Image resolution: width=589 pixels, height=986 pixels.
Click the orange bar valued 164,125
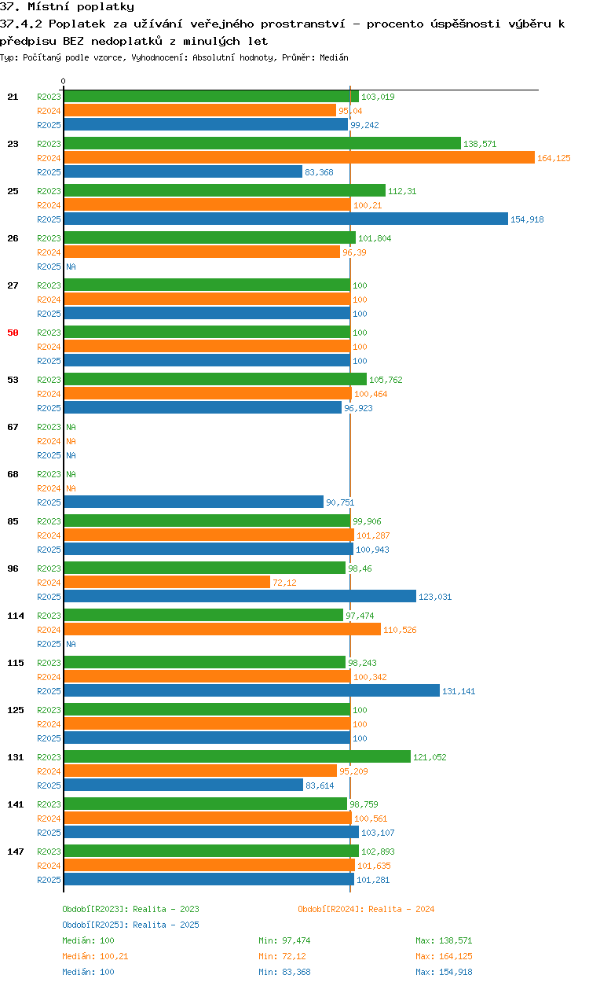pos(299,157)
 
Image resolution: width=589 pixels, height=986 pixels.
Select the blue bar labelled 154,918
pos(286,219)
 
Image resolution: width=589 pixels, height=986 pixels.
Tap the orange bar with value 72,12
pos(167,582)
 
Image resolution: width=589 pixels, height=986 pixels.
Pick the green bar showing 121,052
pos(237,756)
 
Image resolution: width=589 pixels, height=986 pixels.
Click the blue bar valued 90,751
pos(194,502)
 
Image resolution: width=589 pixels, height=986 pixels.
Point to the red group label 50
pos(13,333)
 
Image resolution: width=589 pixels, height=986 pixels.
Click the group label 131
pos(16,757)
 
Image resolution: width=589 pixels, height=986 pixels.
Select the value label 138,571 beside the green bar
pos(480,144)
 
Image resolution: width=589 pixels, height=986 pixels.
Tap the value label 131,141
pos(459,691)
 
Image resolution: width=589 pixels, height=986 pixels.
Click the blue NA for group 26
pos(71,267)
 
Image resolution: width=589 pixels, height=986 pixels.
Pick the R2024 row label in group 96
pos(49,583)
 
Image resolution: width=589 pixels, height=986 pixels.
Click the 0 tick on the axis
pos(64,81)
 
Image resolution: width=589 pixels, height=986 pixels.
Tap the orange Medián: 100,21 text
pos(95,956)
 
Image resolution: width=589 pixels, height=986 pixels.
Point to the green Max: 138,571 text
pos(444,940)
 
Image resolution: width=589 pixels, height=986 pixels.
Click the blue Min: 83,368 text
pos(284,972)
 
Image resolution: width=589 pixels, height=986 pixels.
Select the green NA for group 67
pos(71,427)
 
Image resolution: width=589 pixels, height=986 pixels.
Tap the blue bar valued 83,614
pos(184,785)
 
